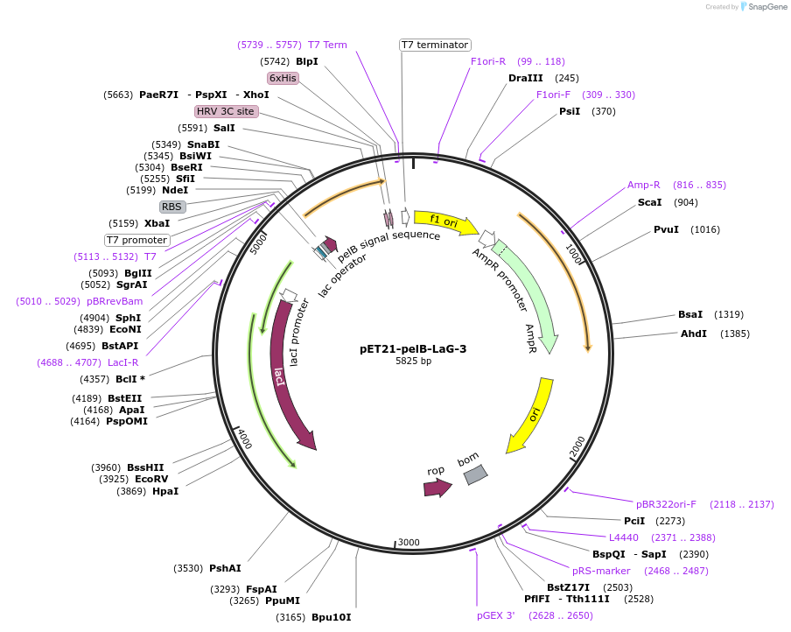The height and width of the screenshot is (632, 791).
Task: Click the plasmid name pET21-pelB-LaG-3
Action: [x=413, y=348]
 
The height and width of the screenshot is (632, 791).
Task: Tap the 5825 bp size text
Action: [x=413, y=361]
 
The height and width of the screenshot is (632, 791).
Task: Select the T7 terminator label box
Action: [x=435, y=45]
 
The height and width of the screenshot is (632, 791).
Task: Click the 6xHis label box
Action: [x=283, y=78]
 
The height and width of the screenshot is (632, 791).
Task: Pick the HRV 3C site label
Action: [x=227, y=111]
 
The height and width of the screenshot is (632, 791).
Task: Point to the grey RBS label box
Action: [x=172, y=207]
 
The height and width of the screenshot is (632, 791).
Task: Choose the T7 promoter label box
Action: [x=137, y=240]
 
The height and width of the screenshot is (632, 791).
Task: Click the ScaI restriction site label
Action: [x=649, y=202]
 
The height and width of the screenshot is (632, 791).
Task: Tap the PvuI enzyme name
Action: [x=666, y=229]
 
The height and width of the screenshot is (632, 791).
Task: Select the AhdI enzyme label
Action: [x=694, y=334]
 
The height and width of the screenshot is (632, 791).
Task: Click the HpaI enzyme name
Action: [x=165, y=491]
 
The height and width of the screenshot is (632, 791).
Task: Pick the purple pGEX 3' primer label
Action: [x=496, y=615]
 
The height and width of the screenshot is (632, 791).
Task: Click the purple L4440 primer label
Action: [x=624, y=537]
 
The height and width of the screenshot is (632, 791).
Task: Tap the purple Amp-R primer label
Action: [x=644, y=185]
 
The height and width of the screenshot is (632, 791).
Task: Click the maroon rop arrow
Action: [x=437, y=487]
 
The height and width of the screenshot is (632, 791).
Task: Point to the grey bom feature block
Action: [x=475, y=474]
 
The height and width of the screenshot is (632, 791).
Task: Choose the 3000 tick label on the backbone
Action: [x=409, y=543]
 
